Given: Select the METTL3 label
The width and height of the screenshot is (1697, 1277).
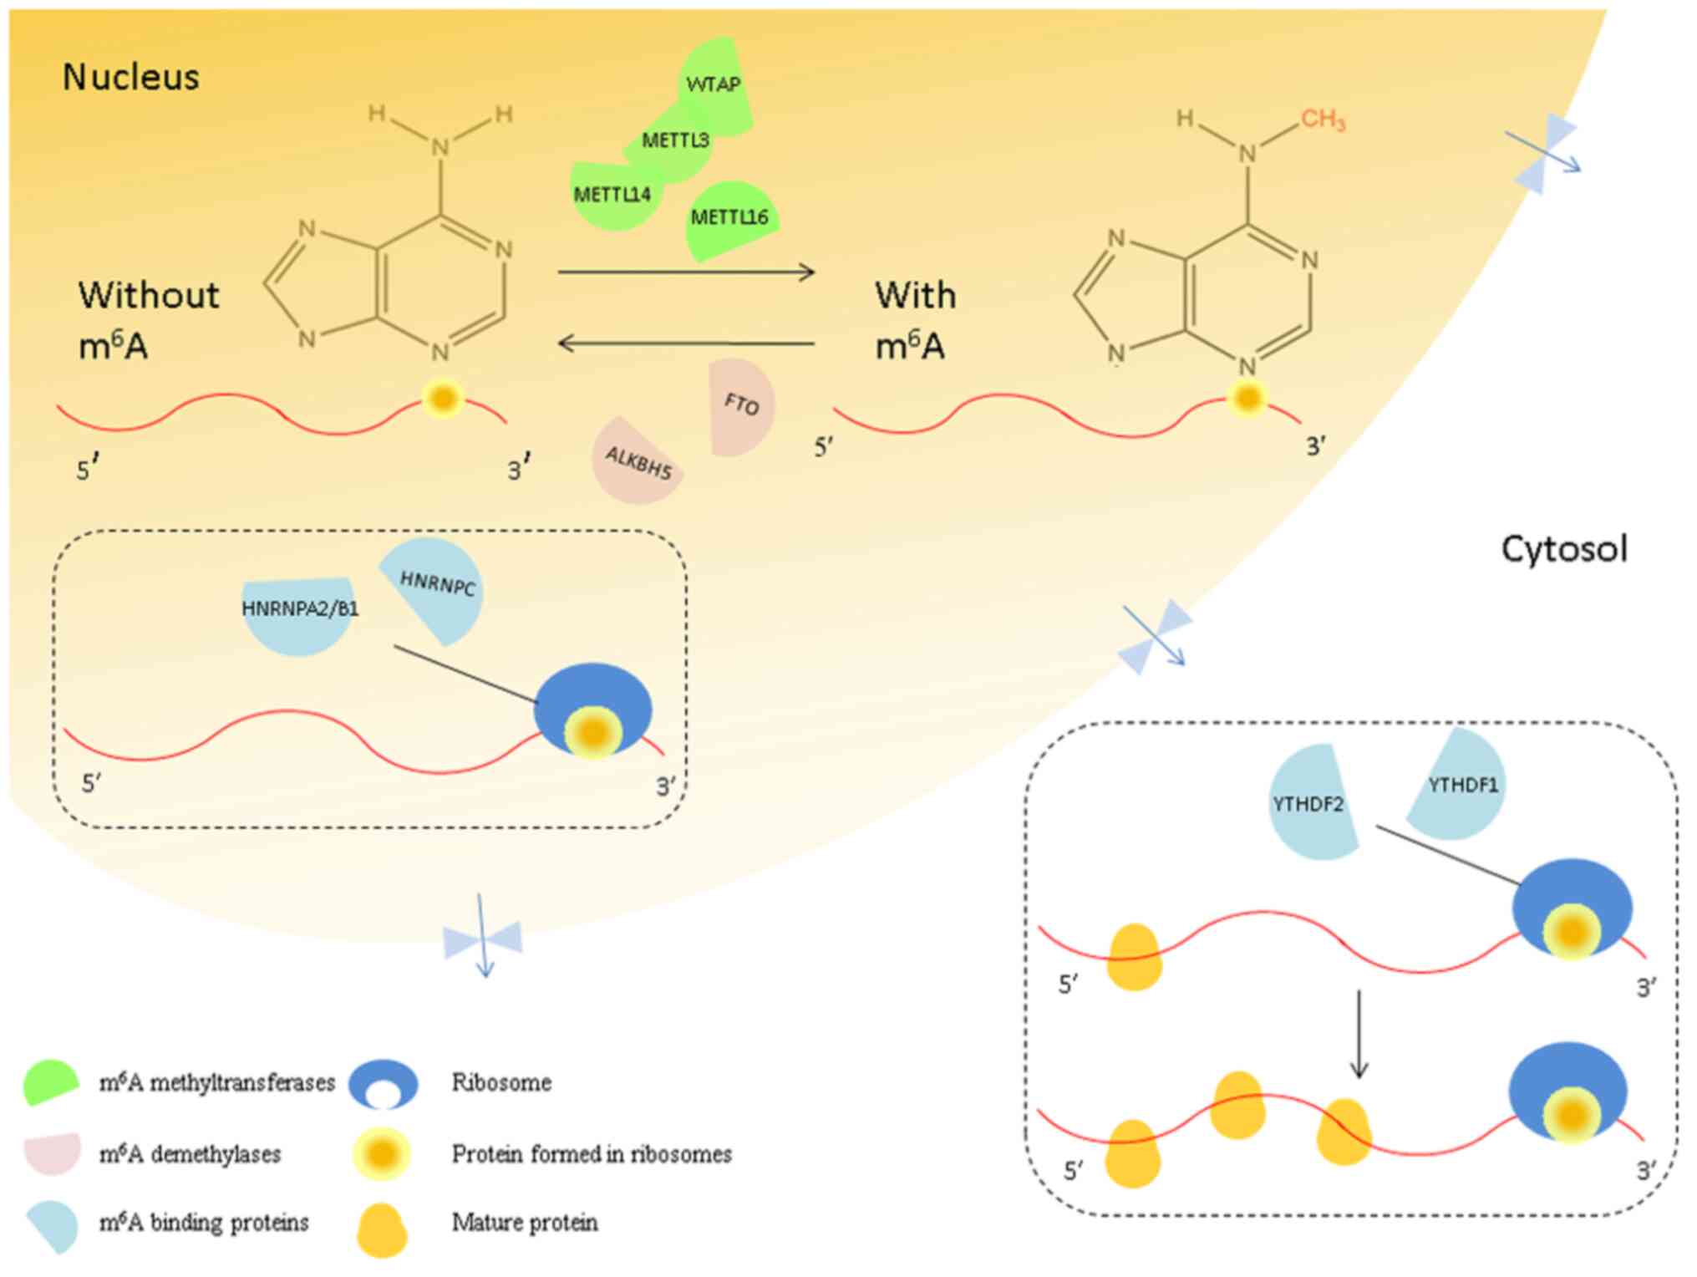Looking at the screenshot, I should [x=675, y=140].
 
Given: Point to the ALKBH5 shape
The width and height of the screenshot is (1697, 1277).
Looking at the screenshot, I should [x=638, y=461].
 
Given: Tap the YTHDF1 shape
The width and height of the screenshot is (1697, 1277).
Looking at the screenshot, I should [x=1461, y=785].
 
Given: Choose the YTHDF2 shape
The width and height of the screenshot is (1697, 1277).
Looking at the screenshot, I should [x=1308, y=805].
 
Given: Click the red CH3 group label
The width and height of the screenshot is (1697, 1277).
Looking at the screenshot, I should [x=1323, y=120].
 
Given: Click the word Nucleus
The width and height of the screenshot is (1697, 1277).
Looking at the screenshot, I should [x=131, y=77].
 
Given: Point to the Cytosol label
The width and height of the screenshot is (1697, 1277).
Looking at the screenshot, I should [x=1563, y=549].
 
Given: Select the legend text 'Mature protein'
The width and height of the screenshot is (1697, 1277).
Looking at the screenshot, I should [x=525, y=1223].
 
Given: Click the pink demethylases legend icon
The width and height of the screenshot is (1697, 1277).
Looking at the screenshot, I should [x=53, y=1152].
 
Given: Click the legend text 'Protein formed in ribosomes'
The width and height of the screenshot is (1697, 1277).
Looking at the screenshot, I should [x=592, y=1154].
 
